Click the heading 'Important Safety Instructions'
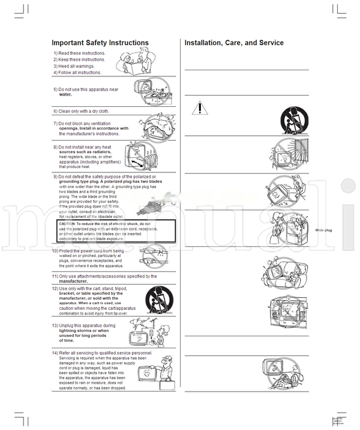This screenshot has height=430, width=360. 100,43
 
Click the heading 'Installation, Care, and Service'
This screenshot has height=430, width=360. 234,43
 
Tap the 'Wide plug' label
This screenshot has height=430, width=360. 323,230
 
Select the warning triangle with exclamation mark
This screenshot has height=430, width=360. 200,108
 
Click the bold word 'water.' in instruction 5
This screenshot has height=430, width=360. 65,94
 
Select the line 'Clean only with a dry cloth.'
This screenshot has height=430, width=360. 83,111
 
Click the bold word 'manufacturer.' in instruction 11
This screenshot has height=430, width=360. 73,281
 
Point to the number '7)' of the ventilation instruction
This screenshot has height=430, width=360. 55,123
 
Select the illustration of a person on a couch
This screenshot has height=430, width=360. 279,272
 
